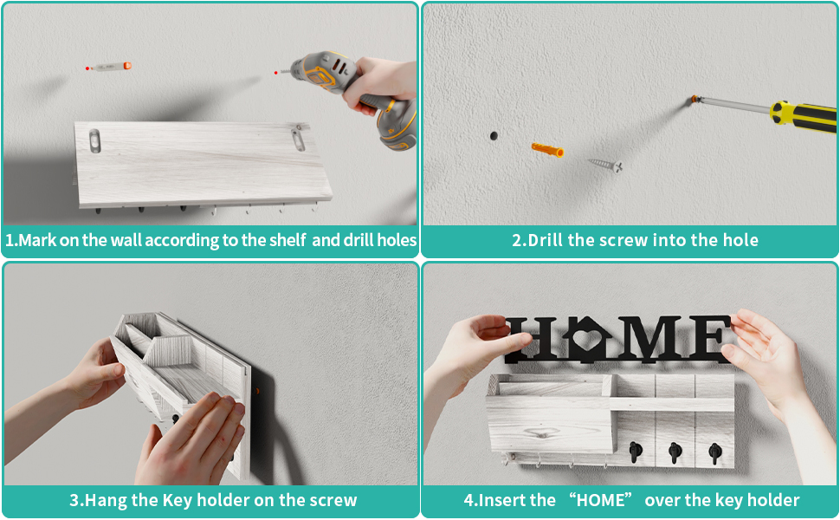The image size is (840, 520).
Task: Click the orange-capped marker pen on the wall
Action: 110,67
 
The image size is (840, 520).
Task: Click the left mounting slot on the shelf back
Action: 94,141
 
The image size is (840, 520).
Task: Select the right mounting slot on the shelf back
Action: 298,139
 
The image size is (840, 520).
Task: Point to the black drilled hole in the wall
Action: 494,136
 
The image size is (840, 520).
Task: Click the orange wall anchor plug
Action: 547,150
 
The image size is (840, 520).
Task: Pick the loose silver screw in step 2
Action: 605,164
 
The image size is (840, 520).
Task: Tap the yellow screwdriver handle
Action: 803,116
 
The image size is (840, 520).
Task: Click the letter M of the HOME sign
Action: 649,338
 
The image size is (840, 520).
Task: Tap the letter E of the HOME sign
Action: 708,338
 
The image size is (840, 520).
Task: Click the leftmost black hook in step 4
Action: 636,452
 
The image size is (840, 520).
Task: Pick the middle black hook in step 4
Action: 675,452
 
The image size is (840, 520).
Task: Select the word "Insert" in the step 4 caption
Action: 502,500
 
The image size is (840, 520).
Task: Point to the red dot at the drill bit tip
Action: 276,73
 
